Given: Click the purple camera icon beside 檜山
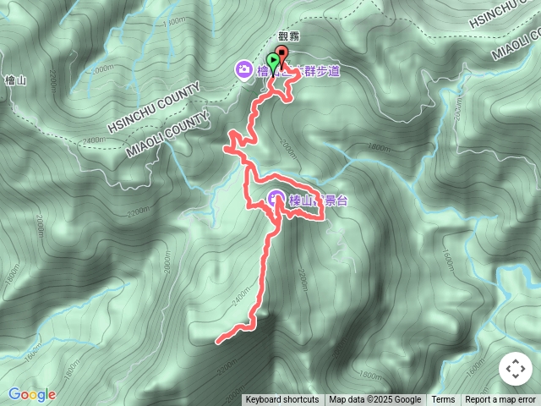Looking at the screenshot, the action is pos(243,69).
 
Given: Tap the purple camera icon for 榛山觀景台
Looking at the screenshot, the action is pos(277,199).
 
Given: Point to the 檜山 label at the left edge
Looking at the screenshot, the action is pos(13,80).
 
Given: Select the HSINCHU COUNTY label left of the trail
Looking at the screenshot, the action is pos(153,107).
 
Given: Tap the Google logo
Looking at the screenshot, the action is pos(32,394).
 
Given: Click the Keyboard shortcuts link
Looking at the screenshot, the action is pos(282,400).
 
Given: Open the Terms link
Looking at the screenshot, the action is pos(443,400).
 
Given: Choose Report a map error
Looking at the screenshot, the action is pos(500,400).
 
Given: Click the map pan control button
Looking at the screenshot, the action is pos(514,369).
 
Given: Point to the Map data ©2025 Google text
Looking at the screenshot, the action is pos(374,400).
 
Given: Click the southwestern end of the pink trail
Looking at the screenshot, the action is pos(219,342).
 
